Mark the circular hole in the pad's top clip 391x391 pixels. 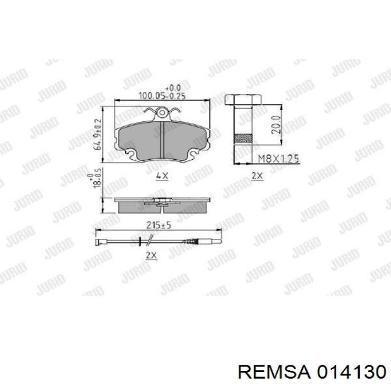[x=162, y=115]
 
